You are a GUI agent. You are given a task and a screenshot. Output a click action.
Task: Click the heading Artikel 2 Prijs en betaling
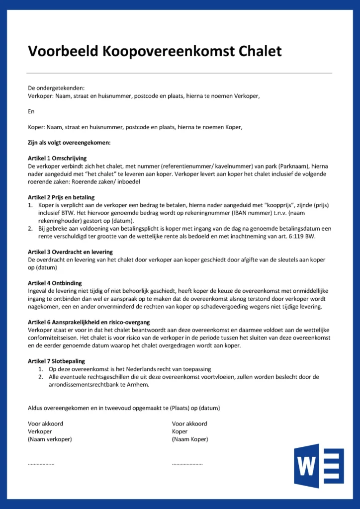(x=61, y=197)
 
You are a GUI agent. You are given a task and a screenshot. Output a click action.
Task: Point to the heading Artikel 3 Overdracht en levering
(x=70, y=252)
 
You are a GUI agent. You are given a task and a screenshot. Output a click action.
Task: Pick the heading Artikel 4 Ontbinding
(x=55, y=283)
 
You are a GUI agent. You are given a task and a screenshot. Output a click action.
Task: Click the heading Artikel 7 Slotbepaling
(x=57, y=361)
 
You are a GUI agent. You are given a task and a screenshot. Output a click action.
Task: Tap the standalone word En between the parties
(x=31, y=111)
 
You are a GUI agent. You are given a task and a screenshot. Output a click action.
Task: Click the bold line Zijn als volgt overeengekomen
(x=69, y=143)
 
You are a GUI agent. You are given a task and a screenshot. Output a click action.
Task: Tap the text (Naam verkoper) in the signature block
(x=50, y=439)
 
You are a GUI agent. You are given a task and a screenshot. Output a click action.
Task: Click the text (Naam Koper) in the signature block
(x=190, y=439)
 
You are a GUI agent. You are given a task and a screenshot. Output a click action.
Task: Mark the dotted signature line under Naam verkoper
(x=41, y=463)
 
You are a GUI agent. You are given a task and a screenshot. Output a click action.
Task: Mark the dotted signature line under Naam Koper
(x=187, y=463)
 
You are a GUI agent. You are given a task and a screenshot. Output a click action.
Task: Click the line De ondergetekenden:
(x=56, y=88)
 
